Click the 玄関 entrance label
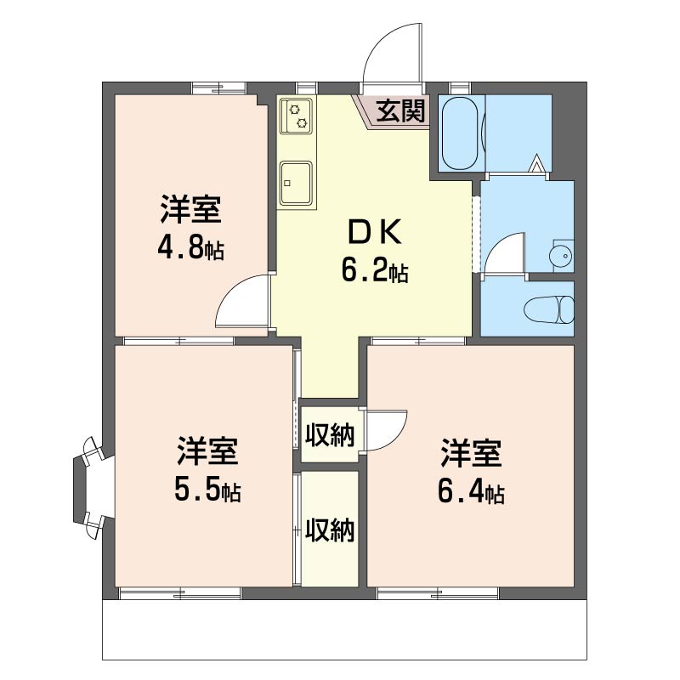(x=399, y=110)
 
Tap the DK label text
(x=375, y=233)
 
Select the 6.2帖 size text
(x=375, y=269)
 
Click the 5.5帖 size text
(x=207, y=489)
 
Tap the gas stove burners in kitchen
(x=297, y=116)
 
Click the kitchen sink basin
(x=296, y=183)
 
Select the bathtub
(x=461, y=133)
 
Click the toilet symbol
(x=548, y=309)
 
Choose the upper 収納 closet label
(x=330, y=434)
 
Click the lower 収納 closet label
(x=330, y=530)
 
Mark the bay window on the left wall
(x=92, y=488)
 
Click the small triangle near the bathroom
(x=537, y=163)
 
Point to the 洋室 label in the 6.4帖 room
(x=471, y=454)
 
